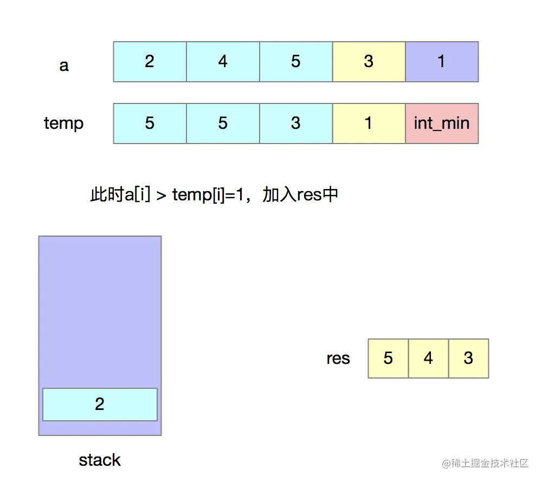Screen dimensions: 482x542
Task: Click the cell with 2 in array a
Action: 150,62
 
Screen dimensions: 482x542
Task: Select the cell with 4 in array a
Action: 223,62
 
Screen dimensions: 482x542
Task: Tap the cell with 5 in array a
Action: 295,62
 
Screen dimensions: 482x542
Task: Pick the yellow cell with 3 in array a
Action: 369,62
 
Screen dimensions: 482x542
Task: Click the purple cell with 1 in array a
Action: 442,62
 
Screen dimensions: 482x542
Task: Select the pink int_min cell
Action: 442,123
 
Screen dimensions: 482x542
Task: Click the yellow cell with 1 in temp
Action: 369,123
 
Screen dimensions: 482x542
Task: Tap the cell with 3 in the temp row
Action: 295,123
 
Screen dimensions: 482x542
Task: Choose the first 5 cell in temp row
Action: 150,123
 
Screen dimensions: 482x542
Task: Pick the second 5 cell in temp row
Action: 223,123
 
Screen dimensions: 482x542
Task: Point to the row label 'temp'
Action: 64,123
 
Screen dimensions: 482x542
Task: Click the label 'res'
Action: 338,359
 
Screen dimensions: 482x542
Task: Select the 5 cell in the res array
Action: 388,359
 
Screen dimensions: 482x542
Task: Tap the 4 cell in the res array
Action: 428,359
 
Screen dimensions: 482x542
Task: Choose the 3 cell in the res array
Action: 469,359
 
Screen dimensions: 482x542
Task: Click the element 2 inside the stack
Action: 100,405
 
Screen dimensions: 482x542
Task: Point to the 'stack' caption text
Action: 100,460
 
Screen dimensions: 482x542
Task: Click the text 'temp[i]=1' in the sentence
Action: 212,194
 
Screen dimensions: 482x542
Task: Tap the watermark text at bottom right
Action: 485,464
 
